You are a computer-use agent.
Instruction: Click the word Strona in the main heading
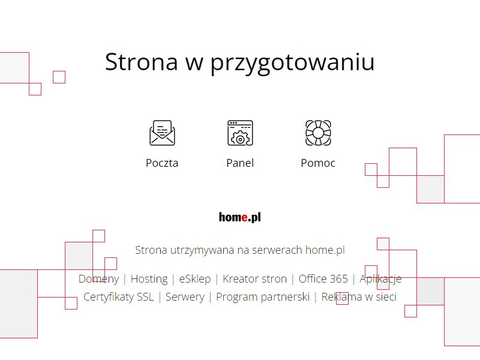pyautogui.click(x=142, y=62)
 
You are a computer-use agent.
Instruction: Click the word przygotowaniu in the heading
pyautogui.click(x=292, y=64)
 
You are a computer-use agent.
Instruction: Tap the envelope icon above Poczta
pyautogui.click(x=162, y=133)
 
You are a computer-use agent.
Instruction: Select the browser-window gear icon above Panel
pyautogui.click(x=241, y=133)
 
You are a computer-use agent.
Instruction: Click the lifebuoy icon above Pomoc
pyautogui.click(x=319, y=133)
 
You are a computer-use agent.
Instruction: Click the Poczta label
pyautogui.click(x=162, y=163)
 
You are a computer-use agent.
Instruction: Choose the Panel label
pyautogui.click(x=240, y=163)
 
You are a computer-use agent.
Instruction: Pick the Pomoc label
pyautogui.click(x=318, y=163)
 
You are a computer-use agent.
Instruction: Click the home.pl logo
pyautogui.click(x=240, y=217)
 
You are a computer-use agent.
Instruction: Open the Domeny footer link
pyautogui.click(x=98, y=279)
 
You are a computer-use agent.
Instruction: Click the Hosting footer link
pyautogui.click(x=149, y=279)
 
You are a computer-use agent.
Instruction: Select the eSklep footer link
pyautogui.click(x=195, y=279)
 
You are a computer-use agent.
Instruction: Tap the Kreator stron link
pyautogui.click(x=254, y=279)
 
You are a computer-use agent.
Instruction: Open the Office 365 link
pyautogui.click(x=323, y=279)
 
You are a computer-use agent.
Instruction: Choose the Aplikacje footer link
pyautogui.click(x=380, y=279)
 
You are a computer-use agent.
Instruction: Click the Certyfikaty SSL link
pyautogui.click(x=118, y=297)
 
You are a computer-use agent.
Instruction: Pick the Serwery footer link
pyautogui.click(x=185, y=297)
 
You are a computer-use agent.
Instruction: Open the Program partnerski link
pyautogui.click(x=263, y=297)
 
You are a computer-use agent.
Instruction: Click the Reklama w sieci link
pyautogui.click(x=359, y=296)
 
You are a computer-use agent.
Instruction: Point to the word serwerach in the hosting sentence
pyautogui.click(x=277, y=250)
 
